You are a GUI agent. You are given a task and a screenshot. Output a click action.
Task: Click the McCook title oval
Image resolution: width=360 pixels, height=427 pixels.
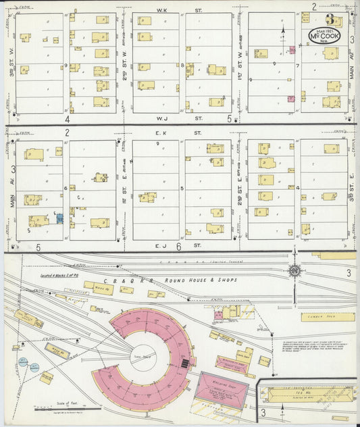pyautogui.click(x=325, y=35)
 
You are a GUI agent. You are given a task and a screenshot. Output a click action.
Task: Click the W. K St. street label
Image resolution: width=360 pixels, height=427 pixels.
pyautogui.click(x=162, y=10)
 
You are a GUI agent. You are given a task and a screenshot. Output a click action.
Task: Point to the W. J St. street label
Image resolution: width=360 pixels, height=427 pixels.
pyautogui.click(x=162, y=117)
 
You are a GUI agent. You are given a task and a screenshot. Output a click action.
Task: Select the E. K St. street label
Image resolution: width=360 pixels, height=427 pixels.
pyautogui.click(x=162, y=133)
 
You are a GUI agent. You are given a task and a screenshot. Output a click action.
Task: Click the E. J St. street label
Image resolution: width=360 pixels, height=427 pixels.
pyautogui.click(x=162, y=246)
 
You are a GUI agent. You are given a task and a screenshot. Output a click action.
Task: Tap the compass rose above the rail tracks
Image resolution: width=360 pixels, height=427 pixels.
pyautogui.click(x=295, y=270)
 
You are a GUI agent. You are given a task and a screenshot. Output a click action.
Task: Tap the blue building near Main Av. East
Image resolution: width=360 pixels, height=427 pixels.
pyautogui.click(x=59, y=218)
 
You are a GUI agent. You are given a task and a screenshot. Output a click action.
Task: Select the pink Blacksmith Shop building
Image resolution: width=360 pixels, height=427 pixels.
pyautogui.click(x=232, y=365)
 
